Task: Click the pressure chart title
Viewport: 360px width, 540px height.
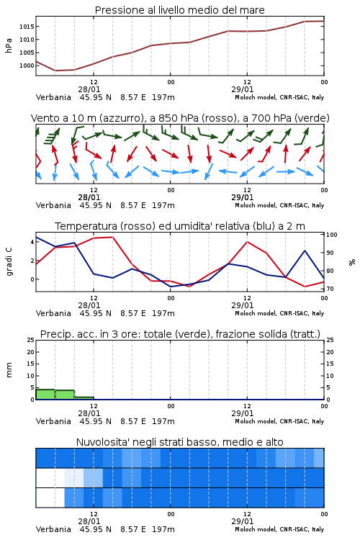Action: [179, 10]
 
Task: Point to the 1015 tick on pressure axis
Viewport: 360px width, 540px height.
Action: [27, 27]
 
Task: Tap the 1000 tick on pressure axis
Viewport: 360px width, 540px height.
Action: [27, 66]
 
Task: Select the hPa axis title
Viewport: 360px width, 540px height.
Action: [9, 45]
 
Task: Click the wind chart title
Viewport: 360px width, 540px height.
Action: [180, 118]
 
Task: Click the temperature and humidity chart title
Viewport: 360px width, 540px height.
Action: [180, 226]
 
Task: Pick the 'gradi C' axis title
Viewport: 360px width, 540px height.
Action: [9, 262]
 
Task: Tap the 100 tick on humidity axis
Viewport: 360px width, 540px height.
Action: [332, 235]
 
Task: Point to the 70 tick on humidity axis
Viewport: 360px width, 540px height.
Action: [330, 289]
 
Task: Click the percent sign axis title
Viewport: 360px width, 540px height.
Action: [352, 262]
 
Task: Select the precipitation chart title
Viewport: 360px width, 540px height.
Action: [180, 334]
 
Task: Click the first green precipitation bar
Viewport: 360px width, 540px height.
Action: [45, 395]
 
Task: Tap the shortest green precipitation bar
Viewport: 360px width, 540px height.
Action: [84, 398]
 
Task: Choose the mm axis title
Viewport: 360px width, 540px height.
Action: [9, 370]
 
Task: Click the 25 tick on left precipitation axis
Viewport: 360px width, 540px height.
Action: [31, 341]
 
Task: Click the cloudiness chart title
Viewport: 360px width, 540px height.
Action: [179, 442]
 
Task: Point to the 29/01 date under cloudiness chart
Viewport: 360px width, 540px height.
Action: [242, 521]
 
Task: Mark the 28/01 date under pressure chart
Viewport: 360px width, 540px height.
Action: [89, 89]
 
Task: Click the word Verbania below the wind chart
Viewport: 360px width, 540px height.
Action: [53, 205]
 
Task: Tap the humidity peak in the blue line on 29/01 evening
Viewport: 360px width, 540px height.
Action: [305, 251]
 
